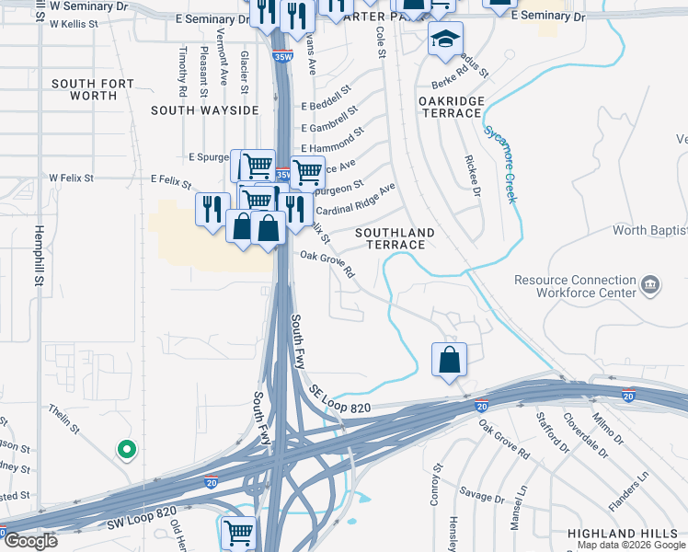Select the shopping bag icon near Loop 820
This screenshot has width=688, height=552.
(x=449, y=359)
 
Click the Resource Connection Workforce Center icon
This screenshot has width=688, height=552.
(x=651, y=285)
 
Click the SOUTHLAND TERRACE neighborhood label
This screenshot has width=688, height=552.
(x=396, y=238)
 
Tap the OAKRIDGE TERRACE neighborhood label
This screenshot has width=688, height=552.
(x=450, y=106)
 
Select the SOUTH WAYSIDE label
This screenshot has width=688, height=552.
(x=205, y=110)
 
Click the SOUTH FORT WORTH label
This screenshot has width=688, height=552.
(x=92, y=89)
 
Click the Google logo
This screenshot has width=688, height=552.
(x=29, y=541)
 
